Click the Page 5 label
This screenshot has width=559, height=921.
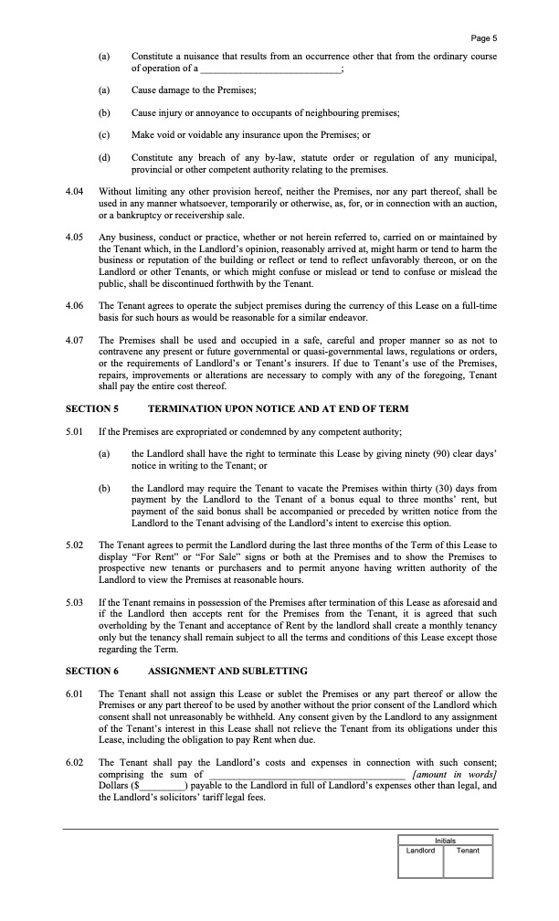tap(483, 37)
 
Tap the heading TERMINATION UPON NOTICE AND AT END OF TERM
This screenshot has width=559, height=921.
tap(278, 408)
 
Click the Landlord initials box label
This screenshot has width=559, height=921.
tap(420, 850)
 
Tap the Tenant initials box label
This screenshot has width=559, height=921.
tap(468, 850)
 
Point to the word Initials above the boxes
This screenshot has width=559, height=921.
tap(445, 841)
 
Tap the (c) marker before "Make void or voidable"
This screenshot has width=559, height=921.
tap(103, 135)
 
